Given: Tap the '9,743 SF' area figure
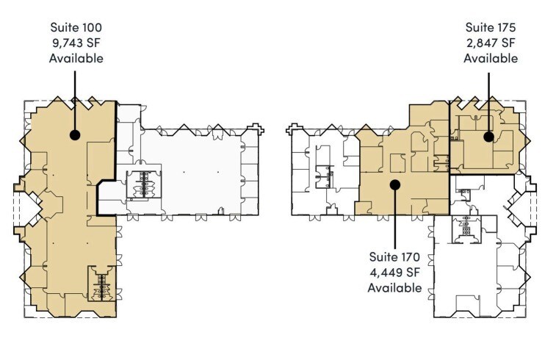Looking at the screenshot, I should click(76, 43).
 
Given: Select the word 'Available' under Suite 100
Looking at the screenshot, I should click(76, 58).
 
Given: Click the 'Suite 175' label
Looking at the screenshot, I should click(490, 27).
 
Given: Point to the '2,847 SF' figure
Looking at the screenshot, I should click(490, 43).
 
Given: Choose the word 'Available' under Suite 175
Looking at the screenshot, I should click(490, 58).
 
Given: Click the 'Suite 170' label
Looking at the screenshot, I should click(395, 257).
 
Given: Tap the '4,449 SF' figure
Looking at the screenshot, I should click(395, 273).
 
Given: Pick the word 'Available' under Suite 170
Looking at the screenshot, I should click(395, 288).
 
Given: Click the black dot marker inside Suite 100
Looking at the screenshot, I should click(74, 134).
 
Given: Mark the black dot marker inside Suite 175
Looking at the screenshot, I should click(488, 136).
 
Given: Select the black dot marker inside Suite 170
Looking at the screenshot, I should click(395, 184).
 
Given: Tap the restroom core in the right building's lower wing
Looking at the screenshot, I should click(465, 229).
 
